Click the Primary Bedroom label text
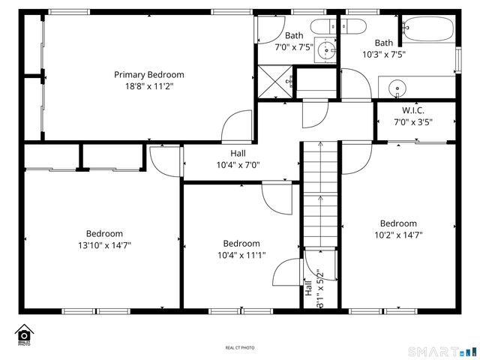pyautogui.click(x=148, y=74)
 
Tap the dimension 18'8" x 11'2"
pyautogui.click(x=148, y=86)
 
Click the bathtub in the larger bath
pyautogui.click(x=427, y=30)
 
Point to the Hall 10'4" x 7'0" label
pyautogui.click(x=237, y=159)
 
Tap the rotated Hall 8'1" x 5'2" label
pyautogui.click(x=313, y=289)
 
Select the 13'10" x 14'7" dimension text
pyautogui.click(x=104, y=245)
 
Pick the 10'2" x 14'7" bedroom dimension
pyautogui.click(x=398, y=235)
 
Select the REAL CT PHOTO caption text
pyautogui.click(x=240, y=348)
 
